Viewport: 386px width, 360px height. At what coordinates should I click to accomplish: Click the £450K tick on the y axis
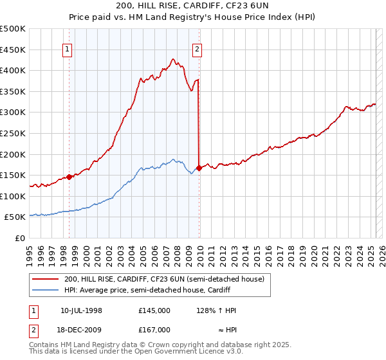13,50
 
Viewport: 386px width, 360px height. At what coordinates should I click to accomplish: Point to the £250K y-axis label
13,133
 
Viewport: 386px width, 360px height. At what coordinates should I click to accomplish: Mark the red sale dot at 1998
69,177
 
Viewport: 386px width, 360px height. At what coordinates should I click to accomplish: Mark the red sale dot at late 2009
199,168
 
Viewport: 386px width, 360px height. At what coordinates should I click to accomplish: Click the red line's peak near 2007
173,59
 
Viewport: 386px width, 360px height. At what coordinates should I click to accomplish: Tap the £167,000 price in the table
154,329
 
